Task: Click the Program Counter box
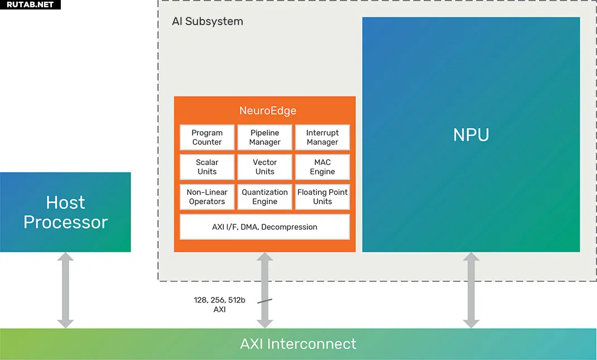point(207,137)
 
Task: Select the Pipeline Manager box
point(264,137)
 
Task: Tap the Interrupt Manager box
point(322,137)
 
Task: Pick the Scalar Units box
point(207,167)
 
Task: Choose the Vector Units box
point(264,167)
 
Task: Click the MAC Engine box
point(322,167)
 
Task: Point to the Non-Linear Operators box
point(207,196)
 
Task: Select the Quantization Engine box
point(264,196)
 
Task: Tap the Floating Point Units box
point(322,196)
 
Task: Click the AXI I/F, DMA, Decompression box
point(264,227)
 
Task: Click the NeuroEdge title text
point(268,111)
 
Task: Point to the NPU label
point(471,135)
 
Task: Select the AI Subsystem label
point(208,21)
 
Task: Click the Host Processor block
point(65,212)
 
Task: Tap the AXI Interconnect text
point(298,344)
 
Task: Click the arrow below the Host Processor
point(65,290)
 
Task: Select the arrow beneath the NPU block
point(471,290)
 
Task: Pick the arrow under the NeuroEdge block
point(264,290)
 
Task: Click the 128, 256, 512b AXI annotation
point(219,305)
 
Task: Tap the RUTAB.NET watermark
point(30,4)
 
